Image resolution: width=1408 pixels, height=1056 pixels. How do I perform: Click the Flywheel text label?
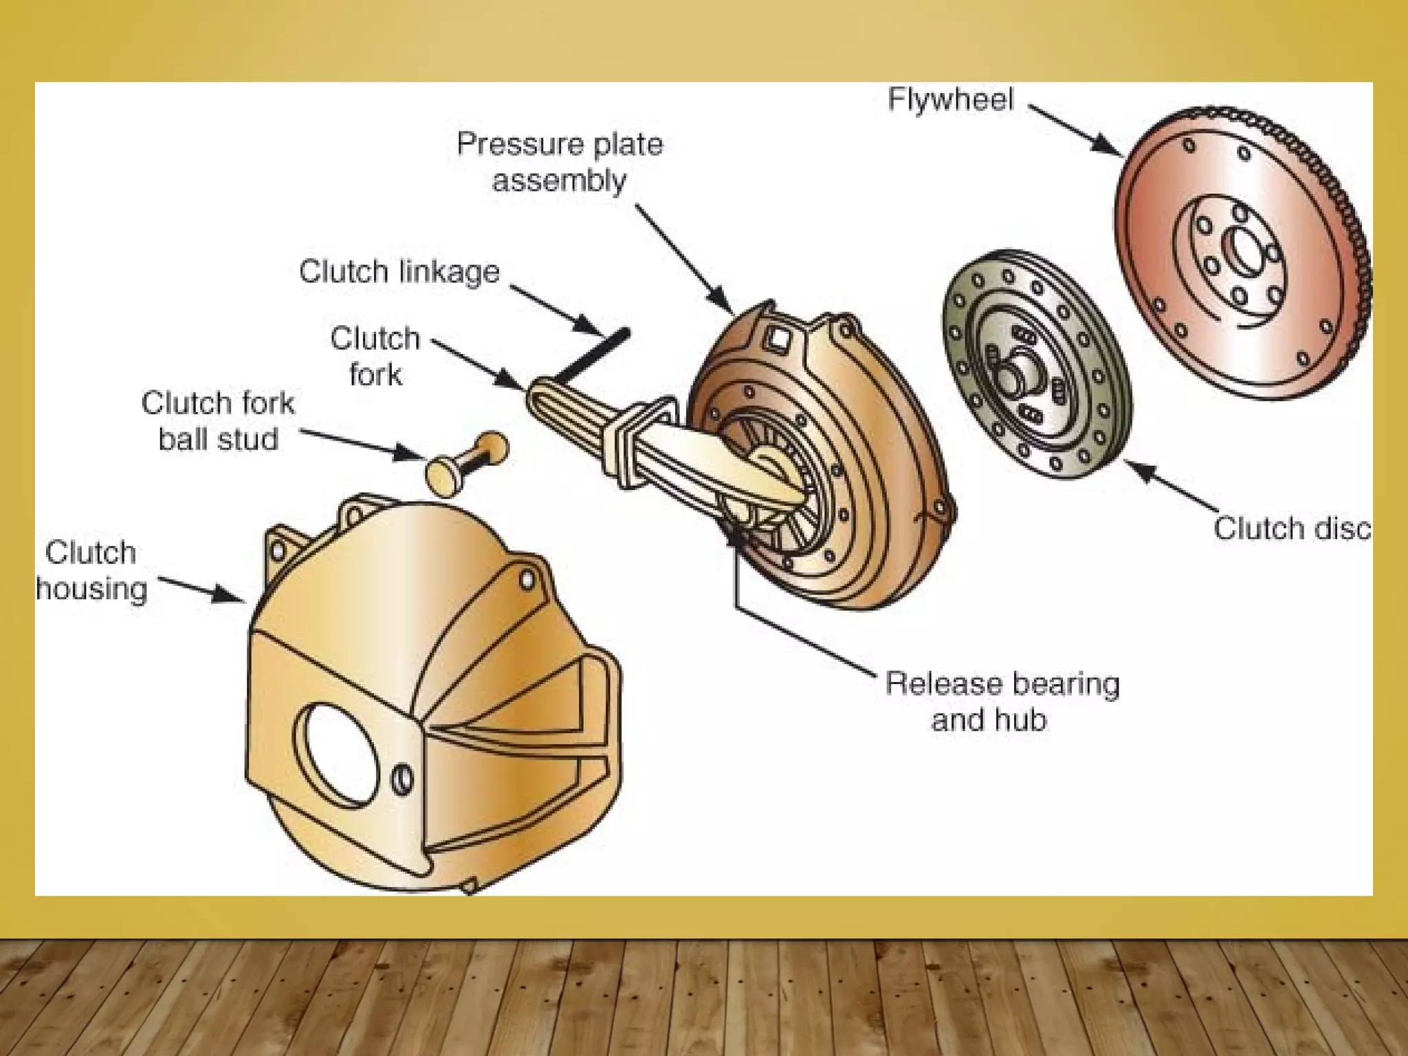tap(950, 100)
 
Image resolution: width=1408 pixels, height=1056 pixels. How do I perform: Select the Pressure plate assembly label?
tap(560, 162)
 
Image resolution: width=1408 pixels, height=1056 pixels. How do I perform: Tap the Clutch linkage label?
tap(399, 272)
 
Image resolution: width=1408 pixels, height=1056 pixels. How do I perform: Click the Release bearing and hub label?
tap(1002, 701)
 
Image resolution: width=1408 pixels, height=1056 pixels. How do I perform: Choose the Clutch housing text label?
tap(91, 571)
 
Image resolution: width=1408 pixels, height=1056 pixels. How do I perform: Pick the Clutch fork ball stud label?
tap(218, 421)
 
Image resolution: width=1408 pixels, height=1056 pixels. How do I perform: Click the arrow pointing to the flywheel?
tap(1076, 131)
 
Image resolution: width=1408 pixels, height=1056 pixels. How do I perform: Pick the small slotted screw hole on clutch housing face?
tap(404, 778)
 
